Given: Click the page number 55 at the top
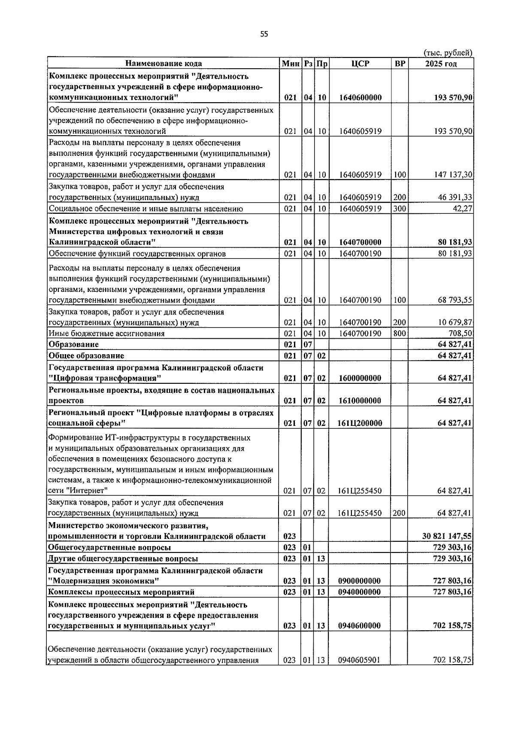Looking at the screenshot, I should (264, 34).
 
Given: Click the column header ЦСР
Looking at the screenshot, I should (360, 64).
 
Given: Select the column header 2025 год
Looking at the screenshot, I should (441, 64).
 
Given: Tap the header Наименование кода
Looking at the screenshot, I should (164, 64).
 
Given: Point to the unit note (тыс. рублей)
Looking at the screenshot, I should (448, 53).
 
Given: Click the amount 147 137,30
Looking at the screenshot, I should (453, 175).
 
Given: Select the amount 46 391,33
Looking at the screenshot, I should (455, 197).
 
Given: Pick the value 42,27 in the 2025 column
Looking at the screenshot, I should (463, 209).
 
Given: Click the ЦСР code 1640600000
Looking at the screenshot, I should (360, 97).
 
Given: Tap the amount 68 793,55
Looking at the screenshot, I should (455, 300).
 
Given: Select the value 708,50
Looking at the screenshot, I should (460, 334).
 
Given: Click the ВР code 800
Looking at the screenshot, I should (399, 334).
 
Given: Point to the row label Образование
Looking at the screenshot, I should (74, 344).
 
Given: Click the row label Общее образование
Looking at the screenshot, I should (86, 355).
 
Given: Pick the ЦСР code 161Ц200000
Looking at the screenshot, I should (360, 423).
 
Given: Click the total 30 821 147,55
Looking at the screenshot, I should (447, 536).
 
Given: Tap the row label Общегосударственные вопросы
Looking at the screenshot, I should (109, 547).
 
